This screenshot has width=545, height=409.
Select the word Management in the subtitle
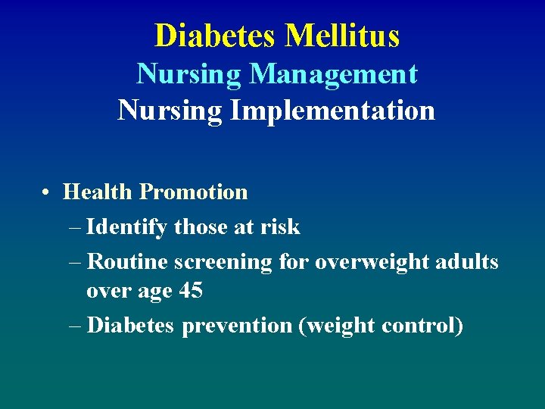334,73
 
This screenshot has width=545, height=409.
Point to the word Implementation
333,111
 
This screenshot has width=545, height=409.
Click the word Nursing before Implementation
170,111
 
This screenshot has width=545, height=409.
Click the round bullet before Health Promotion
47,192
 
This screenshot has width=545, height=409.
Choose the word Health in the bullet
98,192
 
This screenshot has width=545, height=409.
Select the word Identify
127,227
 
